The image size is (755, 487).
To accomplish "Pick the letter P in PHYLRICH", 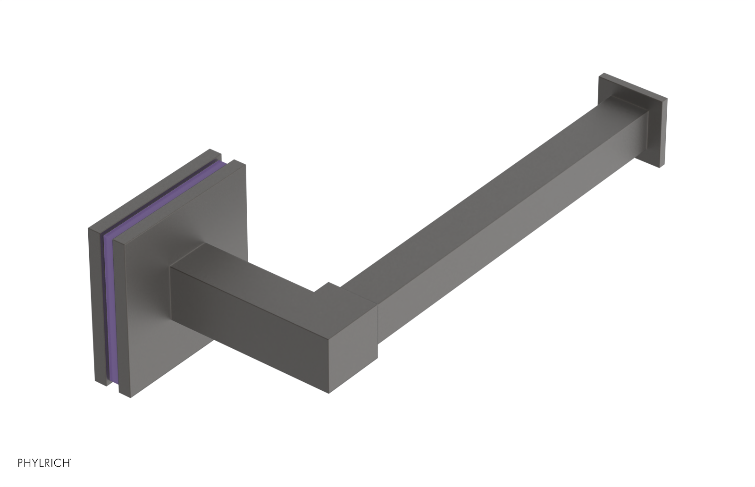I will pos(20,476).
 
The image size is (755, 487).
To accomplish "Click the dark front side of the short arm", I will pos(245,321).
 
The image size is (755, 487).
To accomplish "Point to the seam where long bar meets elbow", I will pos(377,321).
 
